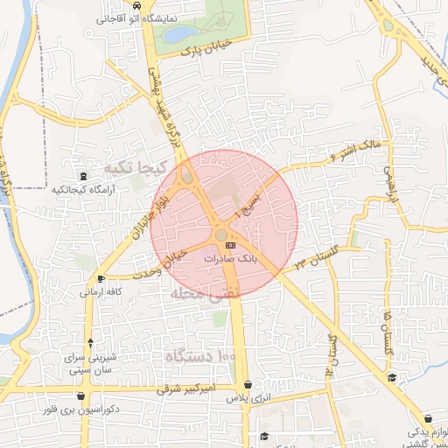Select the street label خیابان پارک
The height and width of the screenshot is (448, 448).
tap(205, 47)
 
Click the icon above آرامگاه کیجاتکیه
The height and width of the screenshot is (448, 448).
tap(83, 176)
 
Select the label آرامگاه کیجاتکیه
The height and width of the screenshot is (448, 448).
tap(83, 189)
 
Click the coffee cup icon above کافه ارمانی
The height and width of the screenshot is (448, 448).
tap(102, 279)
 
